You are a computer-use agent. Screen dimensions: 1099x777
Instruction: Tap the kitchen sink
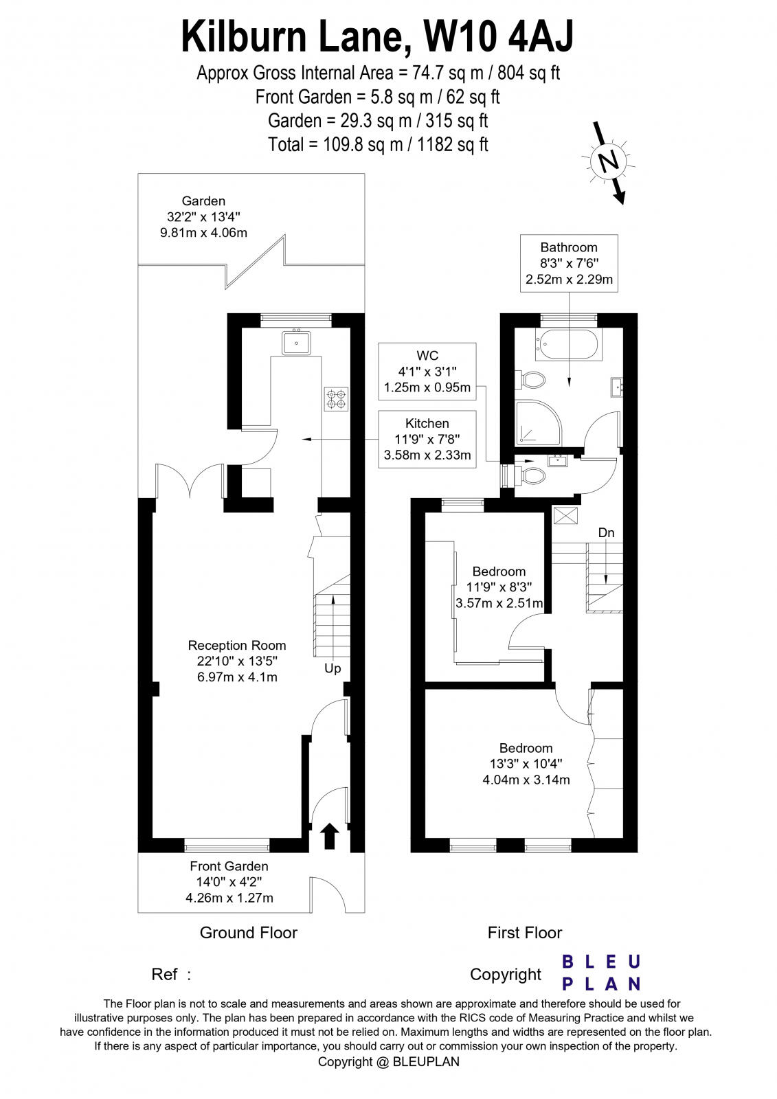[297, 341]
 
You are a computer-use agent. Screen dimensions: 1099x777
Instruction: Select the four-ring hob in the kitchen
[337, 399]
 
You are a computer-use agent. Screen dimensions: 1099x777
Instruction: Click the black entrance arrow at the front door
[330, 836]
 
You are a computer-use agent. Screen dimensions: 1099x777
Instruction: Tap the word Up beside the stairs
[333, 668]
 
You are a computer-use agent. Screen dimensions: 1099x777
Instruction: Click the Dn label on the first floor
[606, 533]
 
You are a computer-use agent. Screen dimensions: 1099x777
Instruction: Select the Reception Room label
[237, 646]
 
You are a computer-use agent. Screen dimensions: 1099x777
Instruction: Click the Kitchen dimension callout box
[427, 440]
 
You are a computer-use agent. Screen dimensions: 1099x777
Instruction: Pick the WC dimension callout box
[427, 372]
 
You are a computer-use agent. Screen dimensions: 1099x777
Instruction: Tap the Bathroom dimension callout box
[569, 263]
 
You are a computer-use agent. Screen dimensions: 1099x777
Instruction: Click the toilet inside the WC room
[532, 475]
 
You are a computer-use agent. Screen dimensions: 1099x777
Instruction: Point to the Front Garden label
[229, 867]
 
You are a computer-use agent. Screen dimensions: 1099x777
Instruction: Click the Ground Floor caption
[248, 933]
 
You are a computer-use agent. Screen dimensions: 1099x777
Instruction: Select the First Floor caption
[525, 933]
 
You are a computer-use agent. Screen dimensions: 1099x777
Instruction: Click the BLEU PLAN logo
[601, 973]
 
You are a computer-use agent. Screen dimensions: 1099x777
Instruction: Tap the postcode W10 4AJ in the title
[498, 36]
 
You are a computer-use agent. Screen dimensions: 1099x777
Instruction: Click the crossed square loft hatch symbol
[565, 516]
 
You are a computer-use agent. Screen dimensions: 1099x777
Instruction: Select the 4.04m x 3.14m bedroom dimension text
[526, 780]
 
